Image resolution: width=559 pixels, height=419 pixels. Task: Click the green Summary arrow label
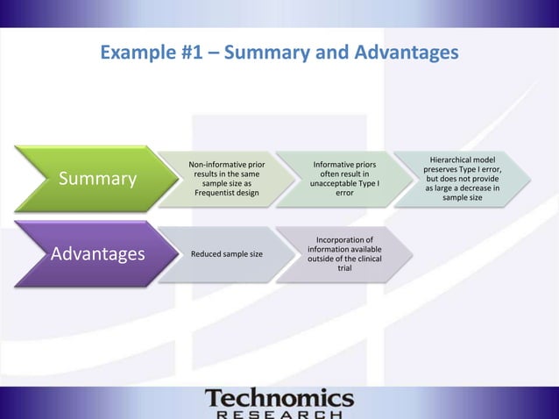click(x=97, y=180)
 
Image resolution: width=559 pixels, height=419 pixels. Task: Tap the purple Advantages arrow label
click(x=97, y=254)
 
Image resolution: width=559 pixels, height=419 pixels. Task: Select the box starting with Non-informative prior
click(x=227, y=179)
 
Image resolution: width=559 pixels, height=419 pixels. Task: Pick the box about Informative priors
click(x=344, y=179)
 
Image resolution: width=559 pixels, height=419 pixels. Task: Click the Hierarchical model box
click(x=463, y=179)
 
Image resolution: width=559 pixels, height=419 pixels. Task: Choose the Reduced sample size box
click(x=227, y=254)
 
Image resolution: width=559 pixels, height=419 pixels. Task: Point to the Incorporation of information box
click(x=344, y=253)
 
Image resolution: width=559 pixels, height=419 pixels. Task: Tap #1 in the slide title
click(x=194, y=53)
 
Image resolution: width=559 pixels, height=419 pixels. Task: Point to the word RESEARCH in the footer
click(x=279, y=414)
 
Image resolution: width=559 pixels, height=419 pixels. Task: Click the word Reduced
click(x=207, y=254)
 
